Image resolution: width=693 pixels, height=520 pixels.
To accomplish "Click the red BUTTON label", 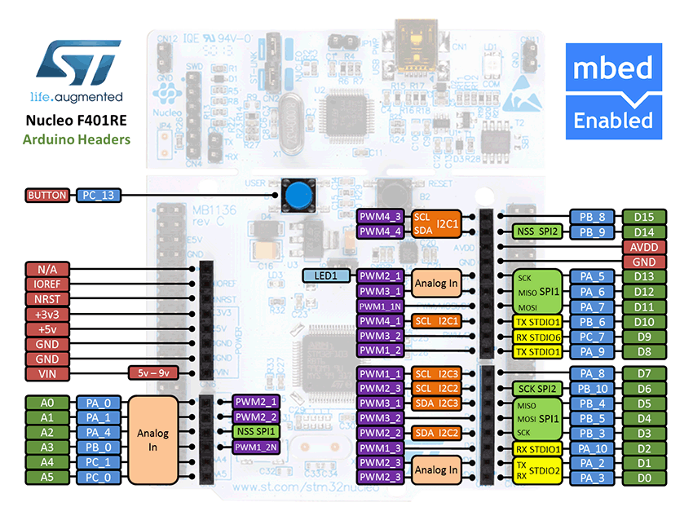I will (48, 196).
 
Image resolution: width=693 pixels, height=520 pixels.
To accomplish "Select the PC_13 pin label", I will (99, 196).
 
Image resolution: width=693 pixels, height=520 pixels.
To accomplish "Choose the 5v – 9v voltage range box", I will (152, 373).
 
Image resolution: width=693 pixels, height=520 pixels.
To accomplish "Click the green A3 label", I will (48, 447).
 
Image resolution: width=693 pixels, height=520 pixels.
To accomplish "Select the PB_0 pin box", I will (99, 447).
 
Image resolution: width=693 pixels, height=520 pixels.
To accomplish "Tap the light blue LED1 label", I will (325, 276).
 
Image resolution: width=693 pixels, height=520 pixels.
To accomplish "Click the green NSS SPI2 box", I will (536, 231).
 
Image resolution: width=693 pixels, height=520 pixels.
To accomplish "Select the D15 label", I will (644, 217).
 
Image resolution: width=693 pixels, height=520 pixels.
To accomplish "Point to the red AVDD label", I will (644, 247).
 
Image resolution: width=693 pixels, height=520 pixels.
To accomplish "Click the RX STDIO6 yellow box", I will (536, 336).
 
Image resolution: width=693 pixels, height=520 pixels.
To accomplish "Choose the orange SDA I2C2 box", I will (436, 433).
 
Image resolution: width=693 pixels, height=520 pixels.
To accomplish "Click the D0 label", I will (644, 478).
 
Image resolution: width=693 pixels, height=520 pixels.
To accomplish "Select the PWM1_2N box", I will (257, 447).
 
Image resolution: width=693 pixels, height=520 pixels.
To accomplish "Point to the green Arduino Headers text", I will (77, 139).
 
